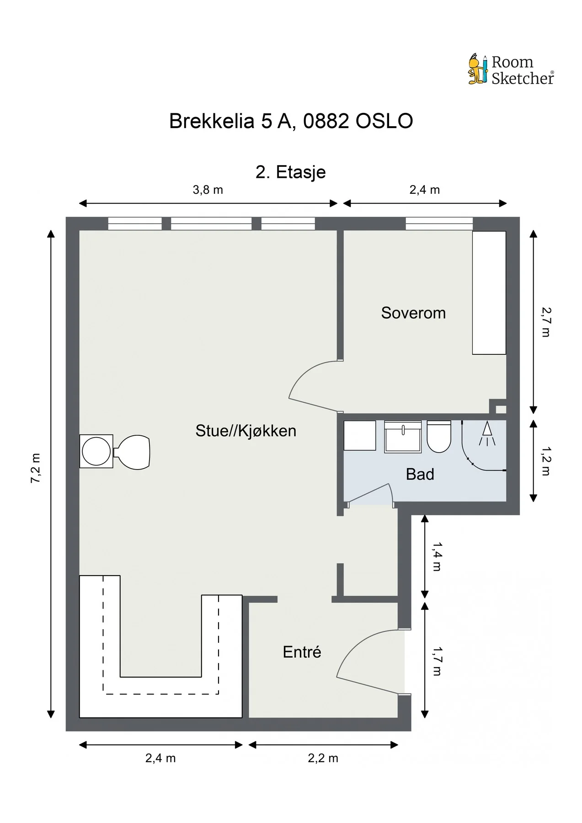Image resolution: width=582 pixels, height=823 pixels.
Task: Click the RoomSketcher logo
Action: (511, 70)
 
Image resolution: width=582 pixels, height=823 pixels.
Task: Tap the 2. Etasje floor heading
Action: (291, 172)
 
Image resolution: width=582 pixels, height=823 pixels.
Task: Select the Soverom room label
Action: (413, 313)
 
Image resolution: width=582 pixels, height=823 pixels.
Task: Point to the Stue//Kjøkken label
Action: (246, 431)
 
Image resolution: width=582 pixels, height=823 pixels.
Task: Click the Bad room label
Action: (420, 475)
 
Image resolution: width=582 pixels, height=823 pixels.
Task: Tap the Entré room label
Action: (302, 652)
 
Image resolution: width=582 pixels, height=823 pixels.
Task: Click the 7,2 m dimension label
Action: (36, 468)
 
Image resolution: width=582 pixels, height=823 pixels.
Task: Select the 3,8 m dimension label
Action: (208, 190)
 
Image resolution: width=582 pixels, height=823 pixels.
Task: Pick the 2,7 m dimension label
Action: (546, 322)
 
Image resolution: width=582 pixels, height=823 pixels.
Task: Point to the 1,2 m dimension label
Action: (546, 461)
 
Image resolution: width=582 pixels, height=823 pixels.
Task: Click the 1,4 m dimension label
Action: (437, 557)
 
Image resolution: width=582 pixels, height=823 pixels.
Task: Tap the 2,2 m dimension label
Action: (323, 758)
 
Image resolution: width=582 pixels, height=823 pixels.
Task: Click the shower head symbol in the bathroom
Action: (487, 434)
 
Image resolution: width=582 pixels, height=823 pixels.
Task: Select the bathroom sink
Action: (403, 437)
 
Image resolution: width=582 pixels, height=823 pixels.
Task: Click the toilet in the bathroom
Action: (439, 436)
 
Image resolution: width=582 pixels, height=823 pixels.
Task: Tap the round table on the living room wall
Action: (96, 451)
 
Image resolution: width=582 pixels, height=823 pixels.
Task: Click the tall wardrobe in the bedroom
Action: (489, 293)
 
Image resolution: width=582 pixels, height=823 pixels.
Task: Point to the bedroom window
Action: (439, 224)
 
